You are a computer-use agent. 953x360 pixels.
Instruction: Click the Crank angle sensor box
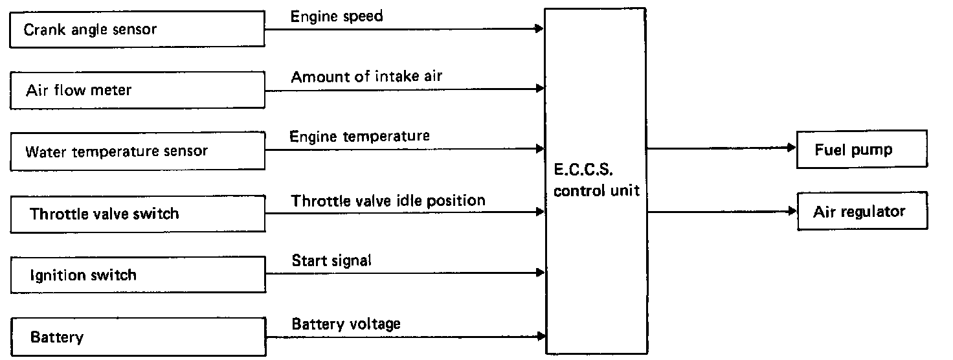(137, 29)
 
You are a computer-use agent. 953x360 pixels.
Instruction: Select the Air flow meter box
(137, 90)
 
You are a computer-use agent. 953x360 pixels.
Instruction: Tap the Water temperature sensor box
(137, 152)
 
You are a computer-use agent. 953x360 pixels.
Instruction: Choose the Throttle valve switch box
(137, 213)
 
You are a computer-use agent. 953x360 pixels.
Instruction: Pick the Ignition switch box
(137, 275)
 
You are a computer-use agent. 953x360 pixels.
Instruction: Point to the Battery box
(137, 337)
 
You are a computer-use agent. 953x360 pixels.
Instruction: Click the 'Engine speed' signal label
(337, 16)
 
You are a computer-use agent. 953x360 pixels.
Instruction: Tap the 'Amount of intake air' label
(366, 77)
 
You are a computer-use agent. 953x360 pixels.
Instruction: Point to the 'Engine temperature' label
(359, 137)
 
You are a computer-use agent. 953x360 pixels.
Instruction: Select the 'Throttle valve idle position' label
(388, 200)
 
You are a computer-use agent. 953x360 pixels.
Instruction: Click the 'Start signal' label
(331, 261)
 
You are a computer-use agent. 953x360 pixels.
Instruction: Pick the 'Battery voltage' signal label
(346, 323)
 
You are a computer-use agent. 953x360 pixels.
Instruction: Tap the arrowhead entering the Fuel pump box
(791, 148)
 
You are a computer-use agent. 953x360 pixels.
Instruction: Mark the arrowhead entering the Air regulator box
(791, 211)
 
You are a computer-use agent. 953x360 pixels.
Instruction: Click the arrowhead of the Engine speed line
(540, 28)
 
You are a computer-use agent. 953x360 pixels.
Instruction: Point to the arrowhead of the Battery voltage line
(540, 336)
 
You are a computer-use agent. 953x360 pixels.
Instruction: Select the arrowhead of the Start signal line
(540, 274)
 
